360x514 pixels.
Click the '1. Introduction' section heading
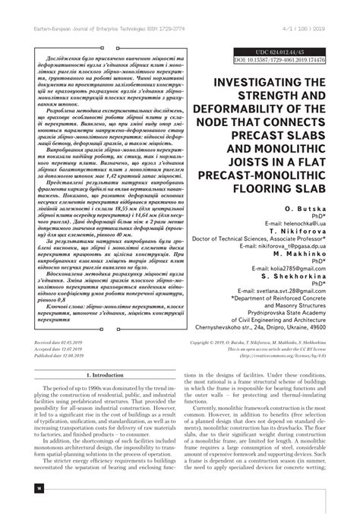(x=106, y=354)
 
